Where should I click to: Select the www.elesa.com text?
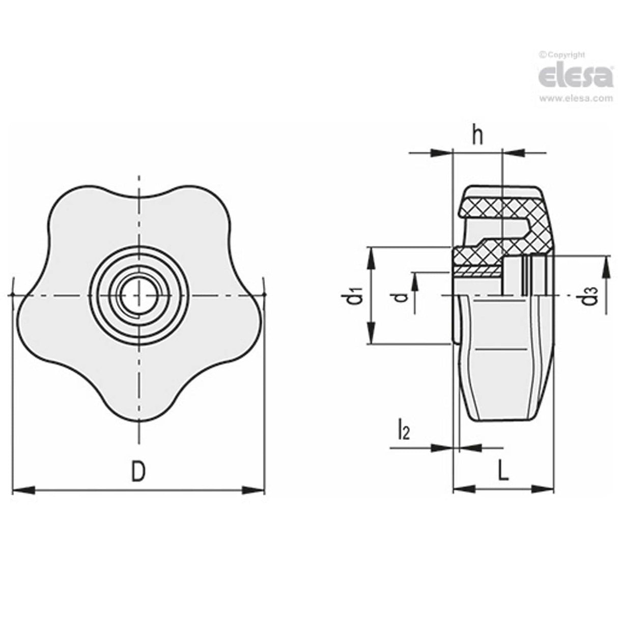(575, 99)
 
